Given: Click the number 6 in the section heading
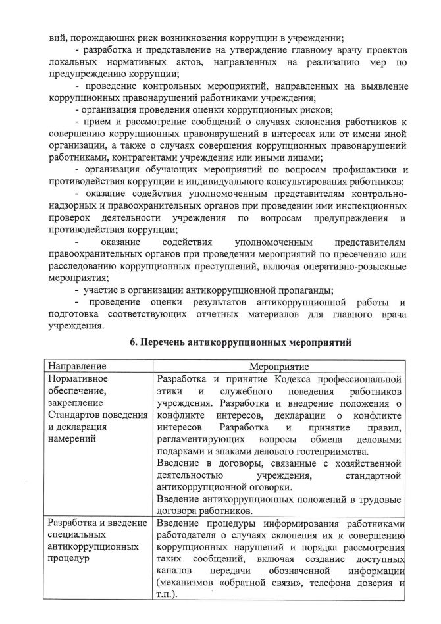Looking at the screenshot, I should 133,342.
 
